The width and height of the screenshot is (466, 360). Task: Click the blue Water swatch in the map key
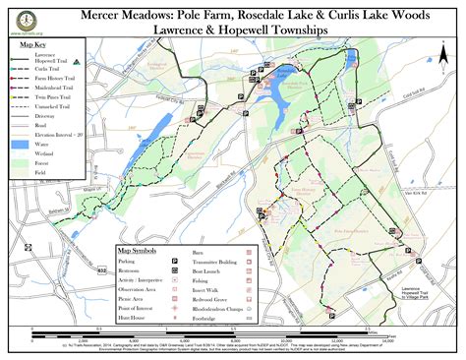tap(18, 142)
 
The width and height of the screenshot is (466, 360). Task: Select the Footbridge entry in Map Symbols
tap(226, 318)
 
